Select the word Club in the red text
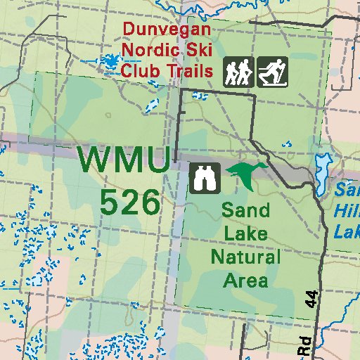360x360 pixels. point(139,70)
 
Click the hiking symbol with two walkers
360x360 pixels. point(238,72)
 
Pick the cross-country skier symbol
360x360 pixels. point(271,72)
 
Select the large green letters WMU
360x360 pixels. point(123,160)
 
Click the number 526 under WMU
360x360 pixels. point(130,202)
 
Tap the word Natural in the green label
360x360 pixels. point(245,257)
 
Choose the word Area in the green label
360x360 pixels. point(245,281)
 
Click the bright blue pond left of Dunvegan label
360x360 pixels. point(110,61)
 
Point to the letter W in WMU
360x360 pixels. point(94,160)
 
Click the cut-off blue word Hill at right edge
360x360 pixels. point(348,210)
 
